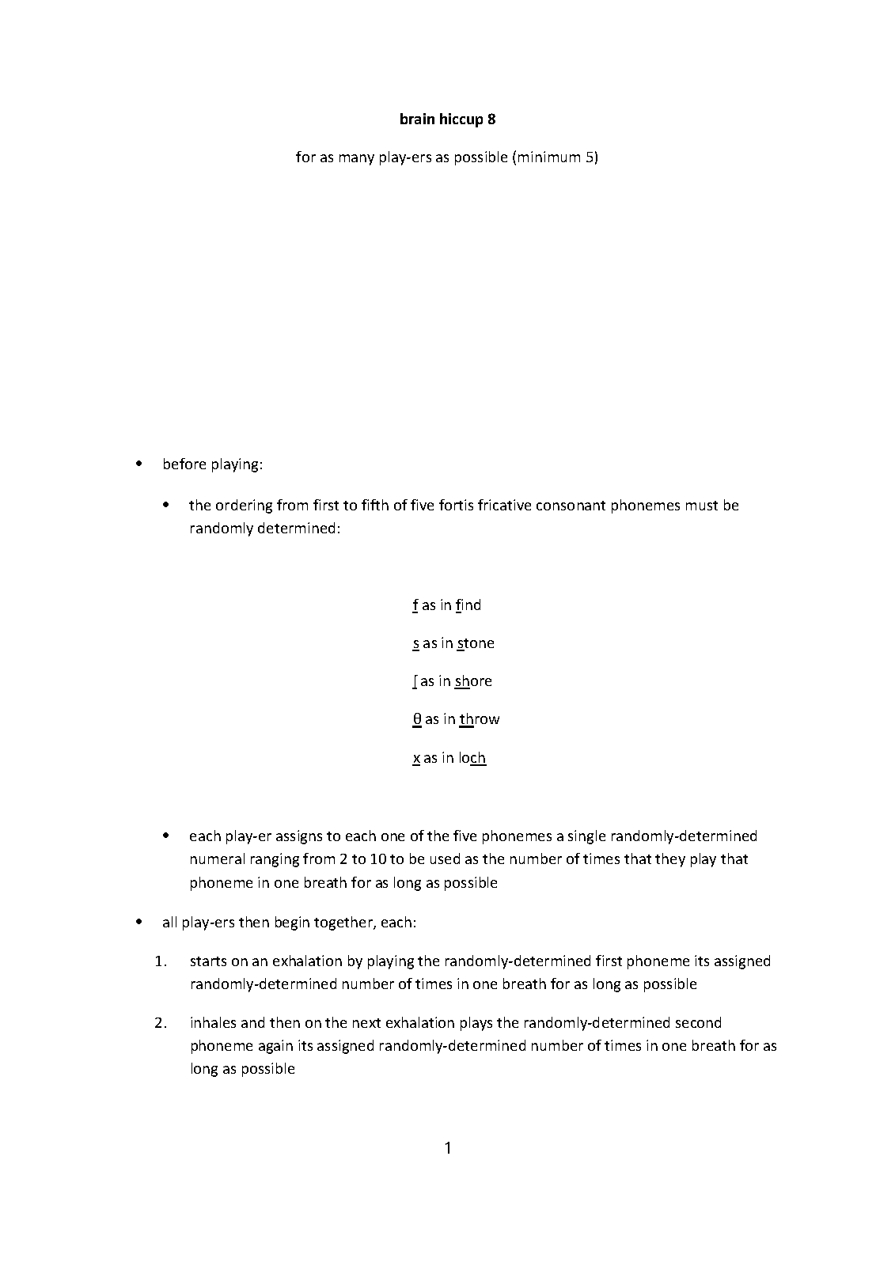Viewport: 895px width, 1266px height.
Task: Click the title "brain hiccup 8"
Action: pyautogui.click(x=447, y=119)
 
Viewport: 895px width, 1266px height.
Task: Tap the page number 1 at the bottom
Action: pyautogui.click(x=448, y=1147)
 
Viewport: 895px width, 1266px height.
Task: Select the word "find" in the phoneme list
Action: pyautogui.click(x=468, y=605)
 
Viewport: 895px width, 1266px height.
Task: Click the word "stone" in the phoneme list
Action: pyautogui.click(x=476, y=643)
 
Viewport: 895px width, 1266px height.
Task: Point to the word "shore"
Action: pyautogui.click(x=473, y=681)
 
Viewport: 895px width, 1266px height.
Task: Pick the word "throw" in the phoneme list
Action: pyautogui.click(x=480, y=719)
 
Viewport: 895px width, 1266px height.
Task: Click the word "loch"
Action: pyautogui.click(x=472, y=758)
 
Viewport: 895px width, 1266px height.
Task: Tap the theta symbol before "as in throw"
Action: pyautogui.click(x=417, y=719)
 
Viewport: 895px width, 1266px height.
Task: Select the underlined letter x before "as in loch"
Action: pyautogui.click(x=416, y=758)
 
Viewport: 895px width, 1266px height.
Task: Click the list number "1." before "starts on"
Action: pyautogui.click(x=161, y=961)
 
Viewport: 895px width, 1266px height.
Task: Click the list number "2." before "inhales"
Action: pyautogui.click(x=161, y=1023)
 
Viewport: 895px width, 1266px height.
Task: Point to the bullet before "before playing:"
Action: pyautogui.click(x=139, y=464)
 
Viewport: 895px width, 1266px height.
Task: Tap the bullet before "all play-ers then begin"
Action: pyautogui.click(x=139, y=922)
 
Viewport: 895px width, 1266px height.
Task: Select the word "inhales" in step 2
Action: pyautogui.click(x=214, y=1023)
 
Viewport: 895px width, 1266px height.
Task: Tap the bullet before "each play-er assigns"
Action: pyautogui.click(x=165, y=836)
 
